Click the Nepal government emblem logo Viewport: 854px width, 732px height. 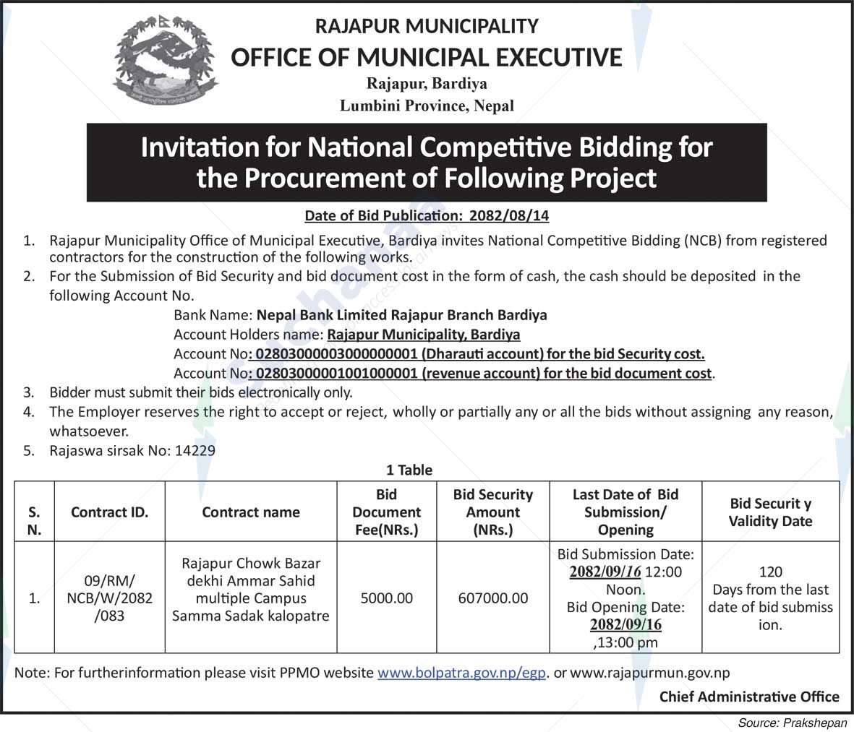click(x=166, y=61)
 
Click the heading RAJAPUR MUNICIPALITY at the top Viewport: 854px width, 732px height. click(x=427, y=27)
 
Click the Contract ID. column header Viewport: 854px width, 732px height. click(x=110, y=512)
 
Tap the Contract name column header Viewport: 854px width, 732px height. click(x=251, y=512)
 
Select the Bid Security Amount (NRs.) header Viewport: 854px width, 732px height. click(x=492, y=512)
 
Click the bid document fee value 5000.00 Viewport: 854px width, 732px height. click(x=387, y=598)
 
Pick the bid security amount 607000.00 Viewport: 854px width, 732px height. click(x=492, y=598)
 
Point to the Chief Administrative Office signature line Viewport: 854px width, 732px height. click(x=749, y=697)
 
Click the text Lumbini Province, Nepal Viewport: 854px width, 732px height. click(x=427, y=106)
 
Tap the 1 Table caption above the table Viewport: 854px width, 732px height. click(x=409, y=470)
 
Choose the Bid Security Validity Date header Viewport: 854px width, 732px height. click(x=770, y=512)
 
